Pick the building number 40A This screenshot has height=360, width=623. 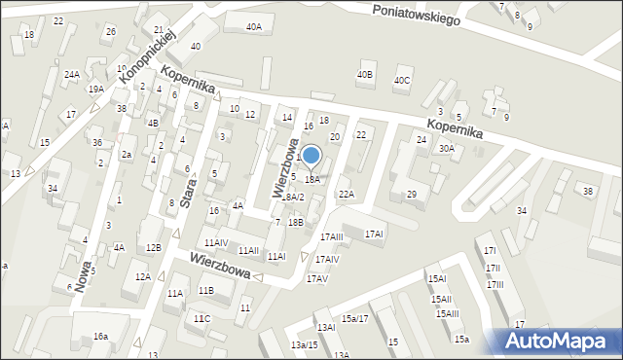[253, 27]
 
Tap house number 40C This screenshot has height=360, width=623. [402, 81]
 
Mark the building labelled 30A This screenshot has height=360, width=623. [446, 149]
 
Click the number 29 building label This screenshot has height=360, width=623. [412, 195]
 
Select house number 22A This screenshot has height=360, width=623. [346, 195]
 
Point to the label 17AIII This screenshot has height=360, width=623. [332, 236]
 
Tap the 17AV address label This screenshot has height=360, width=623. [317, 279]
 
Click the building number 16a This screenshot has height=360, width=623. [101, 337]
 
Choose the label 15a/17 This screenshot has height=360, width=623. [355, 319]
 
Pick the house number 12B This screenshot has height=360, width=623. [153, 248]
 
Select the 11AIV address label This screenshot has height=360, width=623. [215, 242]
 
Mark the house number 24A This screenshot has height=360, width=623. [72, 74]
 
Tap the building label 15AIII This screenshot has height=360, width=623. [448, 313]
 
